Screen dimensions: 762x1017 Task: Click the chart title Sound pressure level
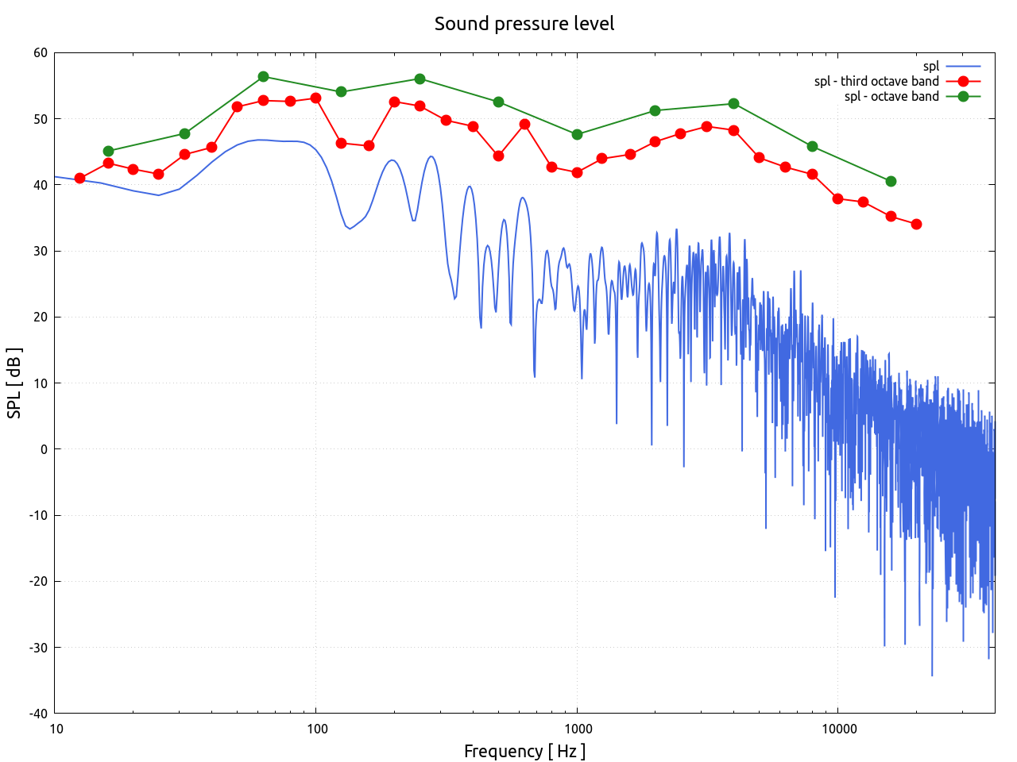[x=524, y=24]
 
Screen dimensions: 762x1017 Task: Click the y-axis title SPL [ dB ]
[x=14, y=383]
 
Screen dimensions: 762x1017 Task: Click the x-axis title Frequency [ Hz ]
[x=524, y=751]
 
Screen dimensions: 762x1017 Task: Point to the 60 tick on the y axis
[x=41, y=53]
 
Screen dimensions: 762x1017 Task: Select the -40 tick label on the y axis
[x=38, y=714]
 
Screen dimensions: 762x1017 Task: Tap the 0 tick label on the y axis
[x=44, y=449]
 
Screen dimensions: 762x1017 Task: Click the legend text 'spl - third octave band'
[x=876, y=81]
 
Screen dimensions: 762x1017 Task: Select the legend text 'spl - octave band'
[x=891, y=96]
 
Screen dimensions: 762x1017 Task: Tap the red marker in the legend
[x=963, y=81]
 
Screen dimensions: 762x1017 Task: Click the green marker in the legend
[x=963, y=96]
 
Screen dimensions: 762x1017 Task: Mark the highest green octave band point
[x=263, y=77]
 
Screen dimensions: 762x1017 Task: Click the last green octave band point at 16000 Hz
[x=891, y=181]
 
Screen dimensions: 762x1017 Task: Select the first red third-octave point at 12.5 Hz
[x=79, y=179]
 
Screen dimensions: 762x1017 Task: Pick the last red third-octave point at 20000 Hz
[x=916, y=225]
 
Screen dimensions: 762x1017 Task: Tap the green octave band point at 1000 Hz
[x=577, y=134]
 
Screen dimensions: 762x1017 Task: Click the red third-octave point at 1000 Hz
[x=577, y=172]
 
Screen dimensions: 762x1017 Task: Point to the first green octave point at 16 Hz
[x=108, y=151]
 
